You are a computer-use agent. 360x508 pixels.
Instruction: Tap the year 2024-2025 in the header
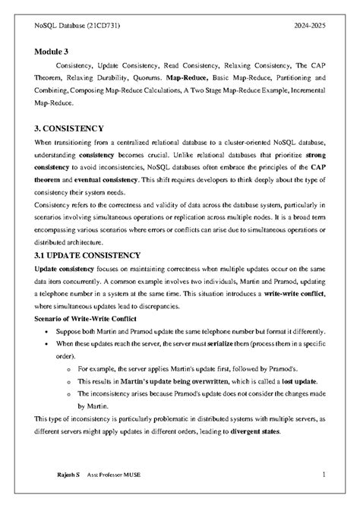click(311, 25)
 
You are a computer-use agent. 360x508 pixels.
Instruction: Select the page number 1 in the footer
click(324, 475)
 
